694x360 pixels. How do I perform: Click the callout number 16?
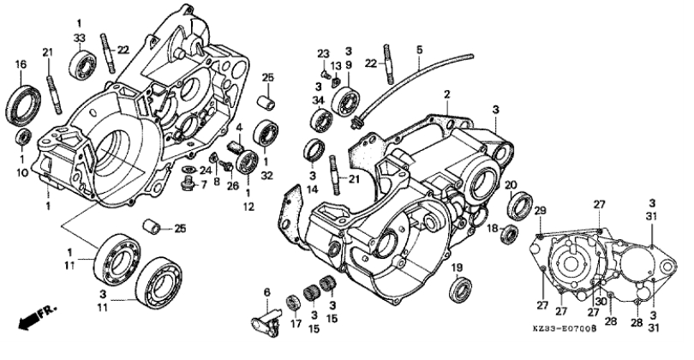click(x=21, y=63)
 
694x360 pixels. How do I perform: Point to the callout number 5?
click(x=420, y=51)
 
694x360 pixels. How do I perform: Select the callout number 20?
click(x=511, y=184)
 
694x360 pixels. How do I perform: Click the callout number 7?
click(x=203, y=185)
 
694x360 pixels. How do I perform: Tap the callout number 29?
click(x=541, y=211)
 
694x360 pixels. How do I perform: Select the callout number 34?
click(x=316, y=100)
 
